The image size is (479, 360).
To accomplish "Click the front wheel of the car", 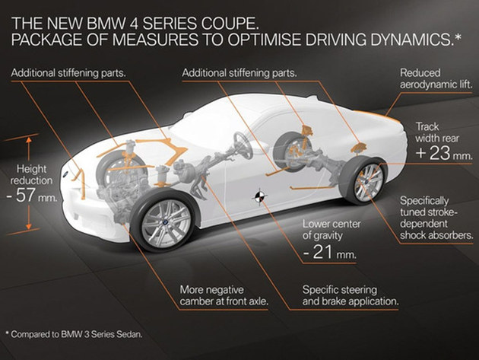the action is coord(165,221).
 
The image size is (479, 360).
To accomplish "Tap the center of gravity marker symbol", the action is coord(259,197).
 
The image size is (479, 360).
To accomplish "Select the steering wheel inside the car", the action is coord(243,145).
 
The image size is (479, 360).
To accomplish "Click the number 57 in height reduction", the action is coord(25,195).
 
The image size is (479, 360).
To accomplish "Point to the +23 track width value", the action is coord(433,153).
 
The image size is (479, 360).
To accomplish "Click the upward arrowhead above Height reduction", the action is coord(29,140).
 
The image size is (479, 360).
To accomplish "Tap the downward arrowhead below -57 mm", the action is coord(28,226).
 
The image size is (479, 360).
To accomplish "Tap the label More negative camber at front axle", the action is coord(224,295).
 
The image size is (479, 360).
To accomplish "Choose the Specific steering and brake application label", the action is coord(351,295).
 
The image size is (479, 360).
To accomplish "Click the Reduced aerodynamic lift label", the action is coord(436,78).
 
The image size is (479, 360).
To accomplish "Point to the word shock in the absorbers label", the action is coord(414,235).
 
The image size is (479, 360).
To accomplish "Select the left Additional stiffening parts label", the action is coord(68,73).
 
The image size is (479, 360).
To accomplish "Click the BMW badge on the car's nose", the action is coord(65,174).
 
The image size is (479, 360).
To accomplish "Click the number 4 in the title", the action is coord(134,24).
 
